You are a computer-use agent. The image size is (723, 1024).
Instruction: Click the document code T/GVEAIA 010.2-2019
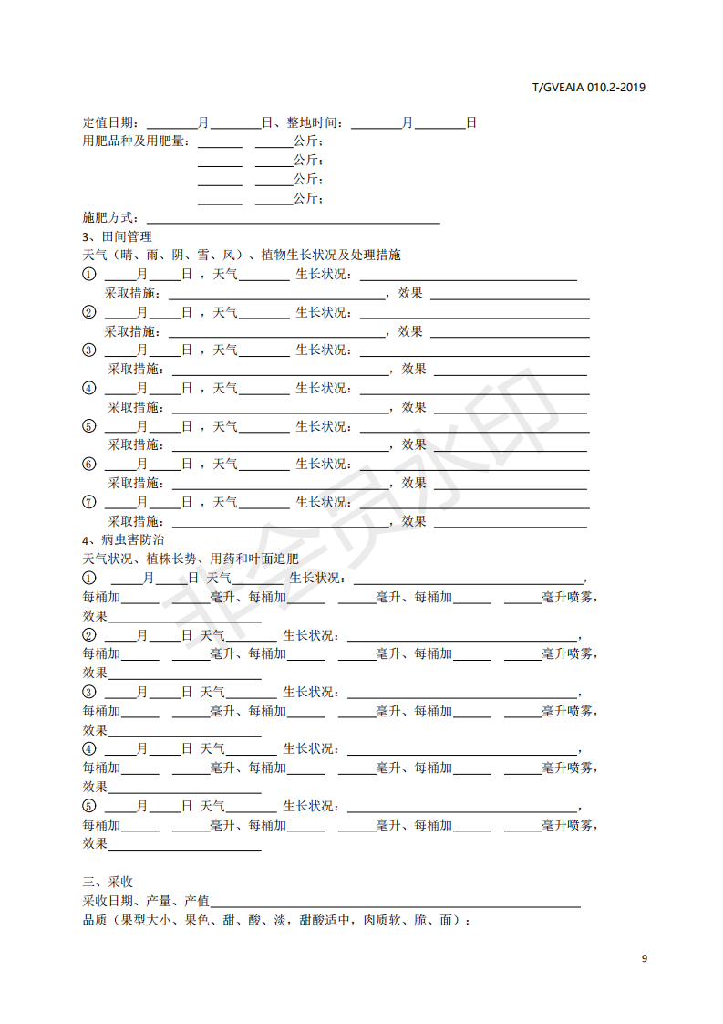[x=589, y=88]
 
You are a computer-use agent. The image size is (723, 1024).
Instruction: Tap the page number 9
[x=645, y=958]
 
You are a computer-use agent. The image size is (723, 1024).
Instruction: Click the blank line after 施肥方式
[x=293, y=218]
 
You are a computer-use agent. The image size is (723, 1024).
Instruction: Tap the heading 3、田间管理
[x=117, y=236]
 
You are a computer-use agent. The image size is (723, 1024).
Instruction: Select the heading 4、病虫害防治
[x=123, y=540]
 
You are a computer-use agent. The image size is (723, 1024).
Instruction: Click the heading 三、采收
[x=108, y=882]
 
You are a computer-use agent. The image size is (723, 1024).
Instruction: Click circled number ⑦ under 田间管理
[x=88, y=502]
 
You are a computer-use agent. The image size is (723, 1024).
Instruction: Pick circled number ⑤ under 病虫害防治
[x=88, y=806]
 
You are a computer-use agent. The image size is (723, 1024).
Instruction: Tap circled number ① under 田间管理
[x=88, y=274]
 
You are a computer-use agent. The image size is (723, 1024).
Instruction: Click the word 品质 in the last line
[x=95, y=920]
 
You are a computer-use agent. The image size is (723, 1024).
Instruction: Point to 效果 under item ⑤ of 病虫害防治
[x=95, y=844]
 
